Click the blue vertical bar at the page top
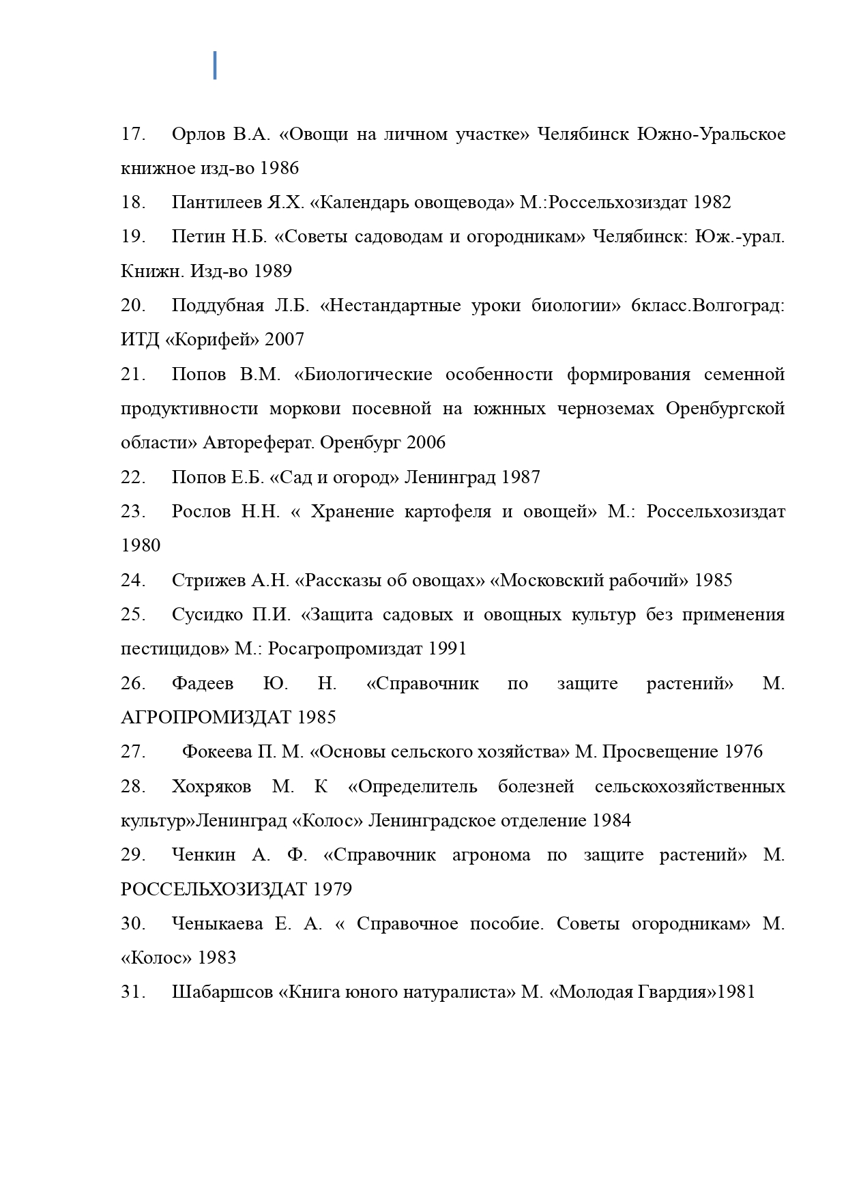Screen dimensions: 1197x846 coord(215,65)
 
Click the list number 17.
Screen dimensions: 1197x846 coord(133,134)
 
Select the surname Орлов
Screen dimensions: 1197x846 coord(198,134)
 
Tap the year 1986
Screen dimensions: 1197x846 coord(280,168)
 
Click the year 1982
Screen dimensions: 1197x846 coord(712,203)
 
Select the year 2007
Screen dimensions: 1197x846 coord(285,340)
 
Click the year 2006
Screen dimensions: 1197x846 coord(426,443)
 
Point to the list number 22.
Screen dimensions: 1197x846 coord(133,477)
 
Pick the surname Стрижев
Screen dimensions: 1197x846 coord(209,581)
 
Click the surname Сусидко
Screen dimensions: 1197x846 coord(207,615)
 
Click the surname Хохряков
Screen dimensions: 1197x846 coord(211,787)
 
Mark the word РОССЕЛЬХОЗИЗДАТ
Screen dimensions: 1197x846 coord(214,890)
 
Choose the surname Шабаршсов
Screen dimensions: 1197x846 coord(222,992)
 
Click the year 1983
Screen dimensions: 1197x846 coord(217,958)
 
